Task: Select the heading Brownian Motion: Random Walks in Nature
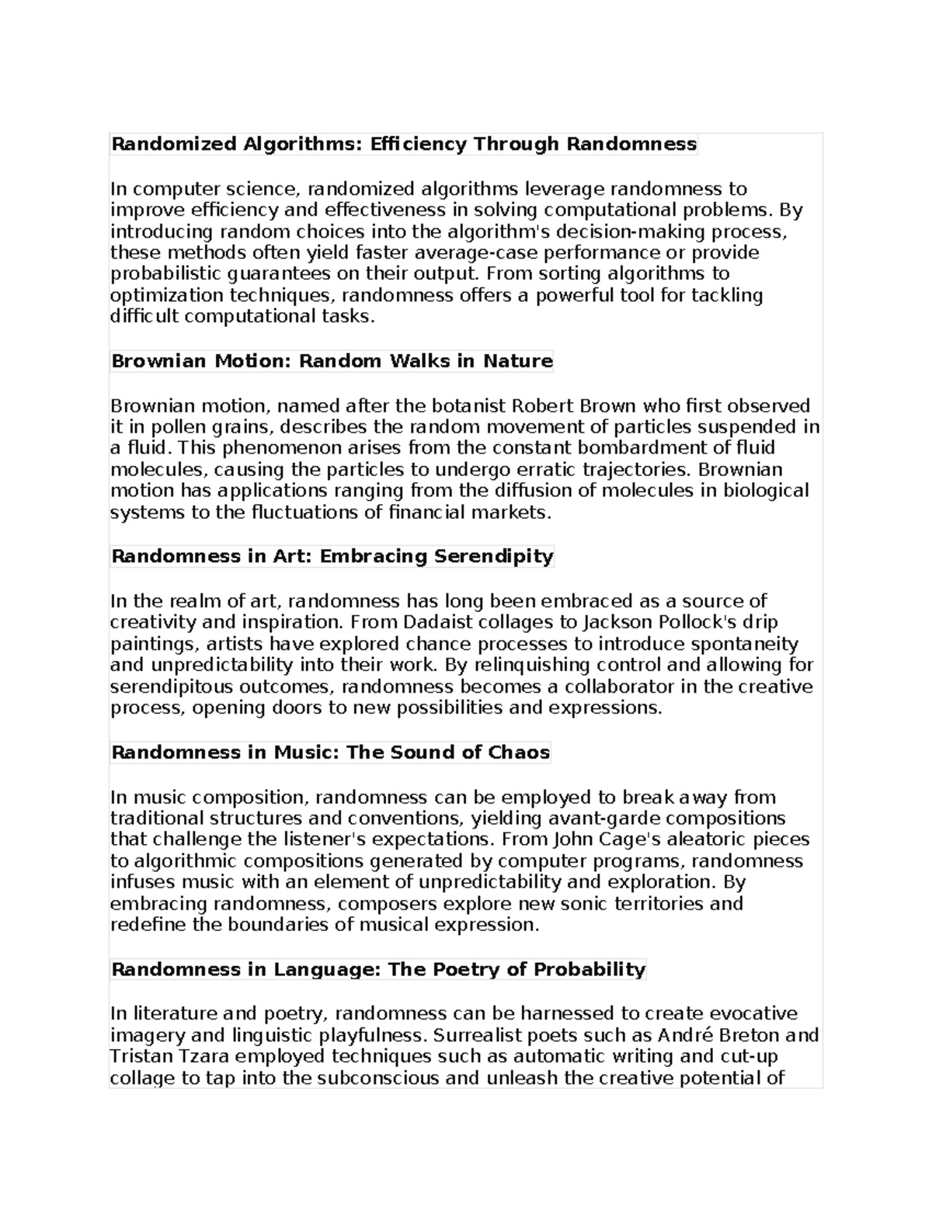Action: click(332, 361)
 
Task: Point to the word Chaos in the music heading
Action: click(519, 752)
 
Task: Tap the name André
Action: click(686, 1035)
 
